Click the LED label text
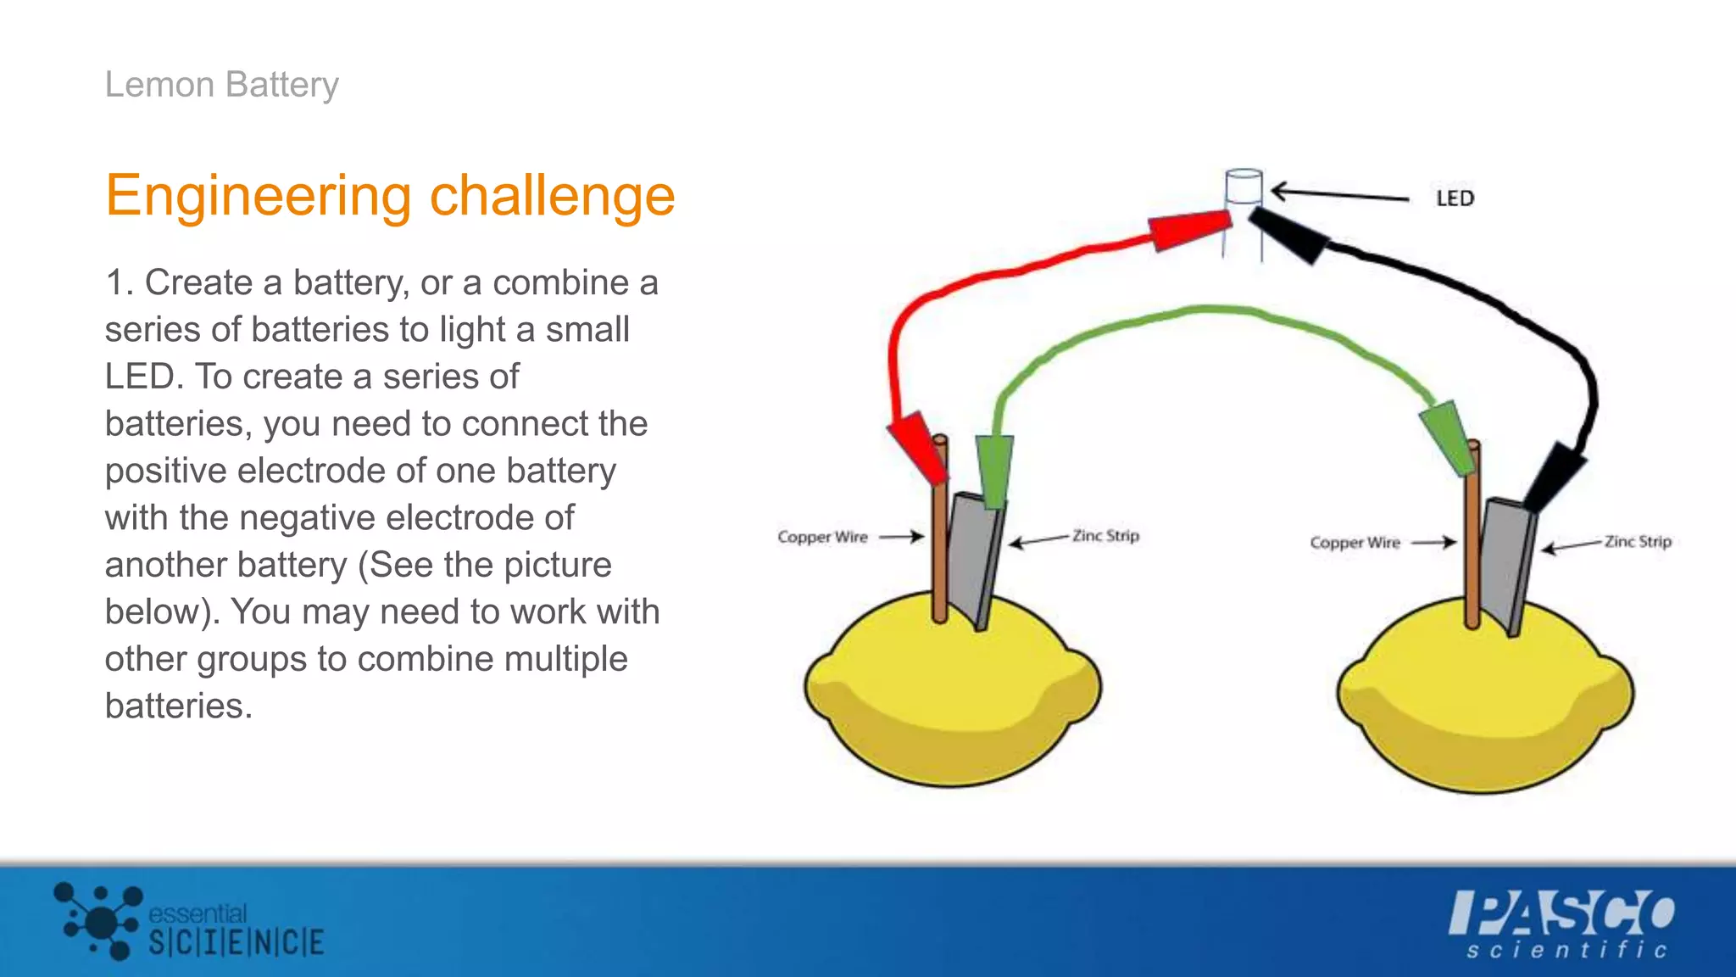click(1455, 198)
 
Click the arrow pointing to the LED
click(1339, 194)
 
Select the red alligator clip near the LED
click(1190, 230)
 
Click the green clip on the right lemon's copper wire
click(1448, 436)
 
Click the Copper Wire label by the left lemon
click(822, 537)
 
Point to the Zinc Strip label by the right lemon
click(1637, 541)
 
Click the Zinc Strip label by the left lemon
click(1105, 536)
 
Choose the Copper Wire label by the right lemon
click(1355, 543)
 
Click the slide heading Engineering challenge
click(390, 196)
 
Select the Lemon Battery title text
click(221, 85)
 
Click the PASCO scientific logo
click(1562, 924)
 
